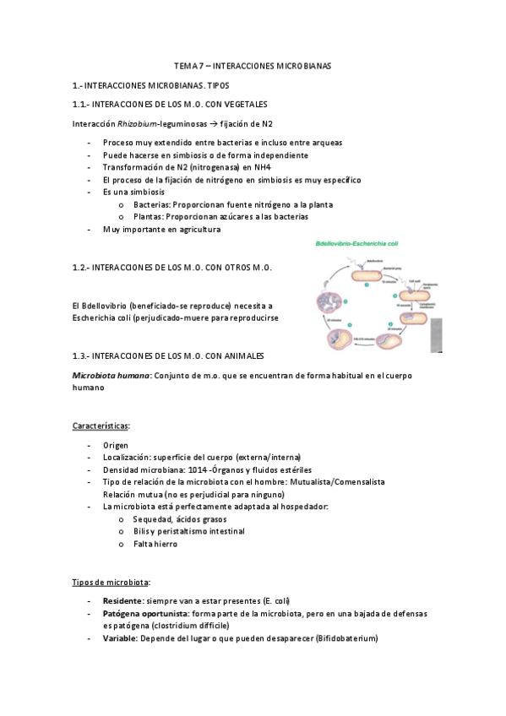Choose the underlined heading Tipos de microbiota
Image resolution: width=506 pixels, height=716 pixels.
(111, 582)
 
